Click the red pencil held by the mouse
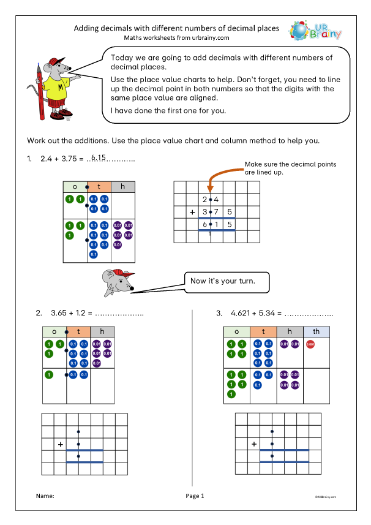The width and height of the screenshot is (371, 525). pyautogui.click(x=39, y=92)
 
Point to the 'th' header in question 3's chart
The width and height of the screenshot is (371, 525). pyautogui.click(x=316, y=331)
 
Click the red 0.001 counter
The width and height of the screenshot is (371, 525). pyautogui.click(x=309, y=345)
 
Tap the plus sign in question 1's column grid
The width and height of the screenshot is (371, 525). pyautogui.click(x=192, y=212)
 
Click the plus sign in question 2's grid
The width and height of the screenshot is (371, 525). pyautogui.click(x=60, y=444)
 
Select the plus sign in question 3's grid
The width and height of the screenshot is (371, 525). pyautogui.click(x=253, y=444)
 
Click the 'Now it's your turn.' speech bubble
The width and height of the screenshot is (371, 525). pyautogui.click(x=226, y=281)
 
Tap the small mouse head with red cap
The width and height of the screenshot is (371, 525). pyautogui.click(x=118, y=281)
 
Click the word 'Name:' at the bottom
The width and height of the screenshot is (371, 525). pyautogui.click(x=45, y=496)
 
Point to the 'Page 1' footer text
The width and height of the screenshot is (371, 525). pyautogui.click(x=194, y=496)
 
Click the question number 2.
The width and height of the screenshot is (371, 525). pyautogui.click(x=39, y=313)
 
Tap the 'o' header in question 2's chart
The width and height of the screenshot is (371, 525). pyautogui.click(x=54, y=331)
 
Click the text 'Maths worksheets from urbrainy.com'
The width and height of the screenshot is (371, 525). pyautogui.click(x=176, y=38)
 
